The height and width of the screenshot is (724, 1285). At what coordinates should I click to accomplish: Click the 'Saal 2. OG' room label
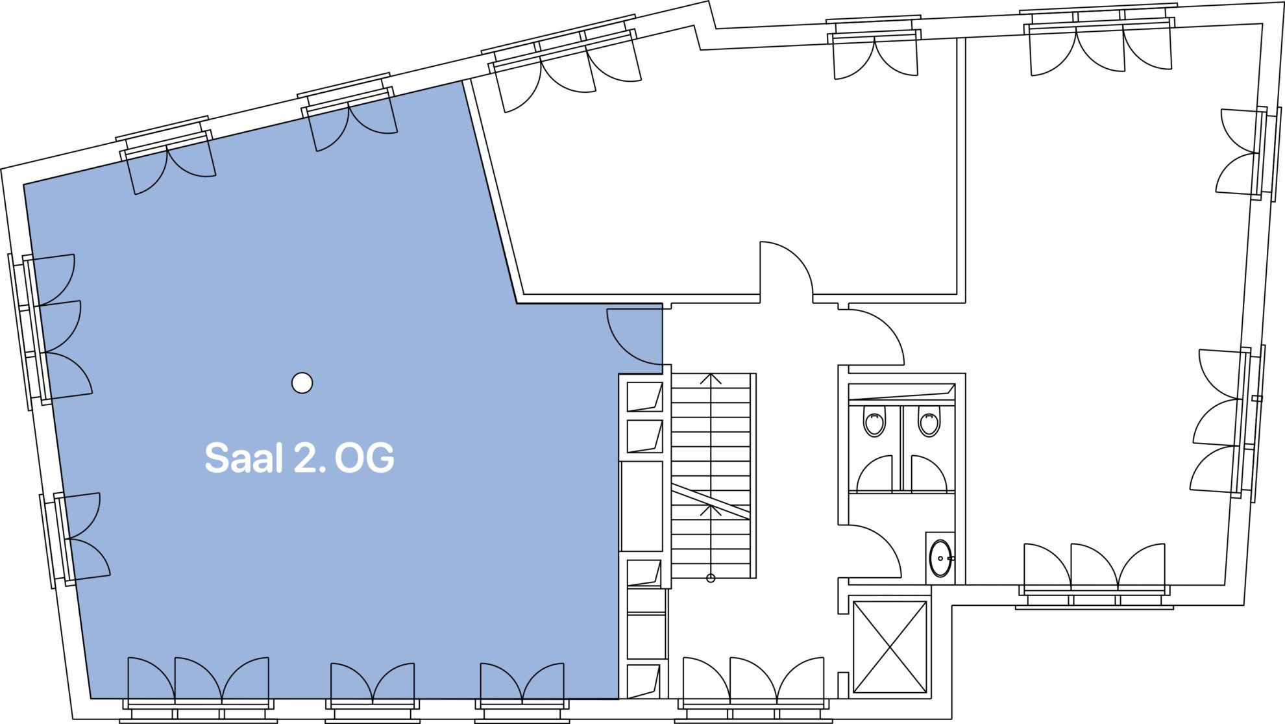click(299, 458)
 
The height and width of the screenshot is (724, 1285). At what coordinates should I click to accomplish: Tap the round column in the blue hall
click(302, 383)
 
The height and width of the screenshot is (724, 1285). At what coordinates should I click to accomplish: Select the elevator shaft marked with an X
click(890, 647)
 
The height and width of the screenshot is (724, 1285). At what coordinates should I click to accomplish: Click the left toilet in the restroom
click(874, 421)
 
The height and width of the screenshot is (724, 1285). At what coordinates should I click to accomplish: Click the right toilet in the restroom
click(929, 421)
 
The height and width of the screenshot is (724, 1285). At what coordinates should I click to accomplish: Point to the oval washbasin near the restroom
click(940, 558)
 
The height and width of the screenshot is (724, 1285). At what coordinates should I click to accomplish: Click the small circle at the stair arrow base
click(711, 578)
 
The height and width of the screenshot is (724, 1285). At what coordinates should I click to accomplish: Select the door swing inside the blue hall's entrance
click(633, 338)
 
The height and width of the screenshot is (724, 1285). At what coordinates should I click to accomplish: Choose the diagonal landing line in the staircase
click(711, 501)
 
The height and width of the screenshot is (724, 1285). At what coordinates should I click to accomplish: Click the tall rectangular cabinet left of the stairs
click(642, 506)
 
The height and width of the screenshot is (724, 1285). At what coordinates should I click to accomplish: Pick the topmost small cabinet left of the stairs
click(644, 397)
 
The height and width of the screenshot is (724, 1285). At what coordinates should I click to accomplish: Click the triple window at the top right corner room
click(1100, 42)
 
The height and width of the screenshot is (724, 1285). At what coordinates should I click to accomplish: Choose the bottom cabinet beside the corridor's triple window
click(643, 681)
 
